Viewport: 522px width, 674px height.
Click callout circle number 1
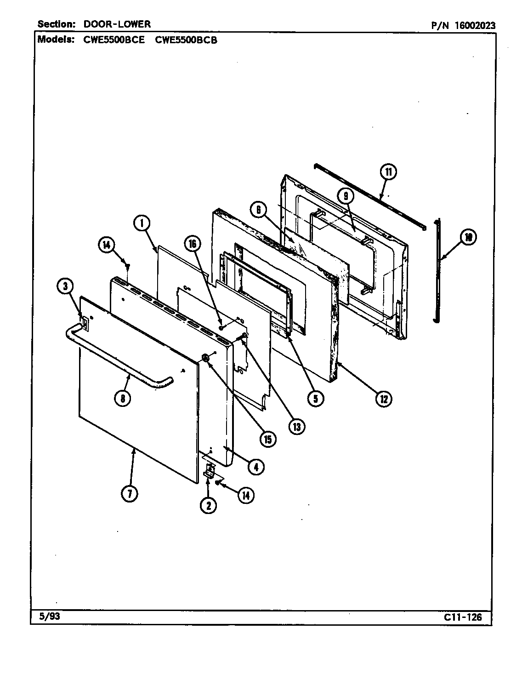point(142,223)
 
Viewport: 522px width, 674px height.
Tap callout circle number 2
point(208,505)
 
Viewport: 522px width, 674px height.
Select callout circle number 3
point(65,286)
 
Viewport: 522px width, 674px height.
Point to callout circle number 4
point(256,467)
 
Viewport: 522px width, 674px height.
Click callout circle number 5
point(315,398)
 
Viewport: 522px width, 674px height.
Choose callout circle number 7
point(130,494)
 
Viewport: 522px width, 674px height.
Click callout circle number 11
point(388,172)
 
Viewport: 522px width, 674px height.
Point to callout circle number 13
point(296,427)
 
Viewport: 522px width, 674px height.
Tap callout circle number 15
point(267,439)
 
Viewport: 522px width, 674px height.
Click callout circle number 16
point(193,244)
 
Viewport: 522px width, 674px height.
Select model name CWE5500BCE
point(114,40)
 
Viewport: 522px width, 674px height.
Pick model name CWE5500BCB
point(186,40)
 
